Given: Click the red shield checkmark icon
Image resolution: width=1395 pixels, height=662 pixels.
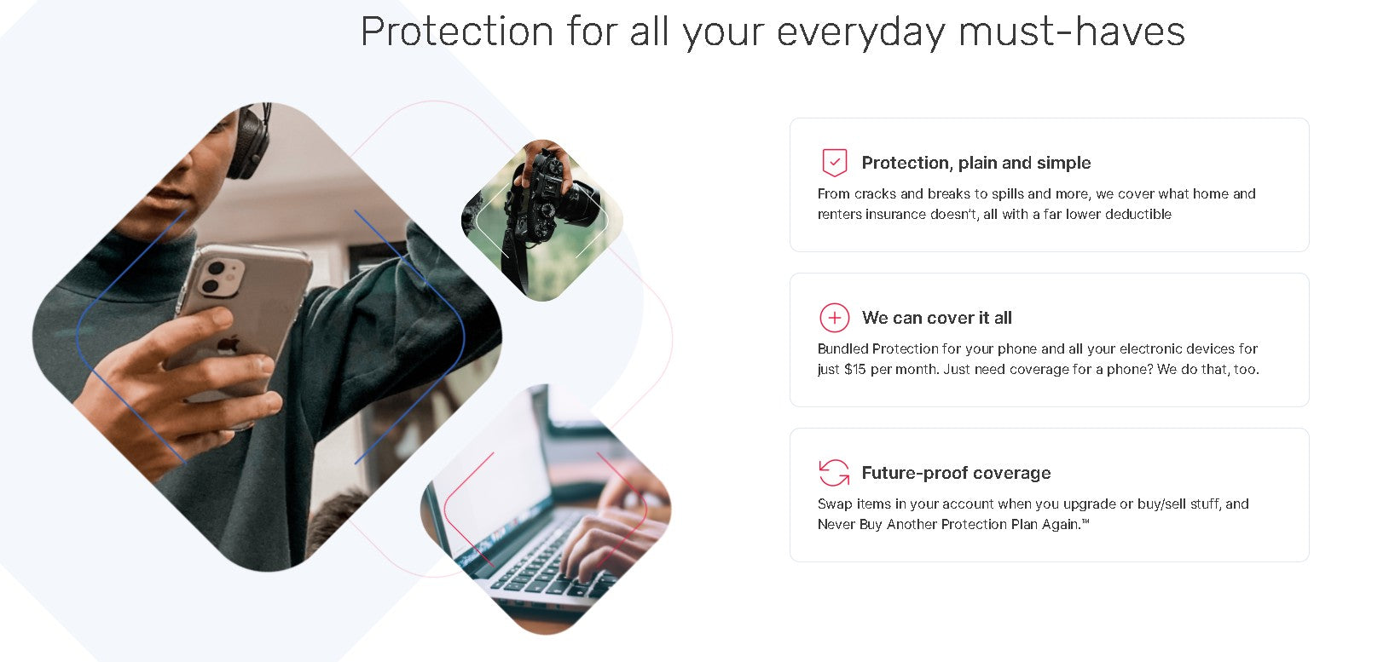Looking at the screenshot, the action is (835, 163).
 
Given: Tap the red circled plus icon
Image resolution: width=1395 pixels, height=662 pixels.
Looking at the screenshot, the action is (835, 318).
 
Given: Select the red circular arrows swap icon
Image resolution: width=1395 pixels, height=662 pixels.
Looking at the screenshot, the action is (835, 473).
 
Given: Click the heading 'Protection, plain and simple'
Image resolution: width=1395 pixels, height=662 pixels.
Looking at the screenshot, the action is (975, 163).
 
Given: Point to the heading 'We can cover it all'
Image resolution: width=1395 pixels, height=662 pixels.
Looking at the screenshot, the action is (936, 318).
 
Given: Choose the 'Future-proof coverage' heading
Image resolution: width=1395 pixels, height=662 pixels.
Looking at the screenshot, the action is (956, 474).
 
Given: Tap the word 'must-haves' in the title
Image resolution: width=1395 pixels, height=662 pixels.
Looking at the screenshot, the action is (1071, 32).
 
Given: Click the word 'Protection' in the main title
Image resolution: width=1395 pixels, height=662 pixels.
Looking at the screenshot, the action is (456, 32).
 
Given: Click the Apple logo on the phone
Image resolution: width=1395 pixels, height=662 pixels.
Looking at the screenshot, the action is (229, 344).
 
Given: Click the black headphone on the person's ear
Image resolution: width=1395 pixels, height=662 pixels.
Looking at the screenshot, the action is (249, 141).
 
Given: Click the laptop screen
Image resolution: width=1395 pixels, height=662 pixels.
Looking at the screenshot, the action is (492, 460).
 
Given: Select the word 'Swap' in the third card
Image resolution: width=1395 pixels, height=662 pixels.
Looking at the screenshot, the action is (834, 504).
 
